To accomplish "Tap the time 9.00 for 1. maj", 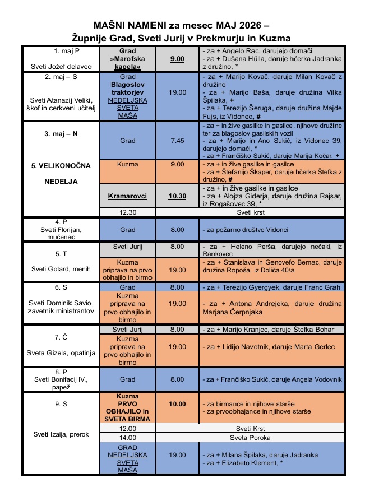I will pos(178,58).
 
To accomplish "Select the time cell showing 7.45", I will pos(178,141).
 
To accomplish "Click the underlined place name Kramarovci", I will pos(127,197).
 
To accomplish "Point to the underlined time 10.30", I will pos(178,197).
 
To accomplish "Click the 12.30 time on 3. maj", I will pos(127,212).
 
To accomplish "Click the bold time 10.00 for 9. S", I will pos(178,403).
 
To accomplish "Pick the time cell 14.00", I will pos(127,437).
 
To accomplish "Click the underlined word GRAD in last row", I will pos(127,448).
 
